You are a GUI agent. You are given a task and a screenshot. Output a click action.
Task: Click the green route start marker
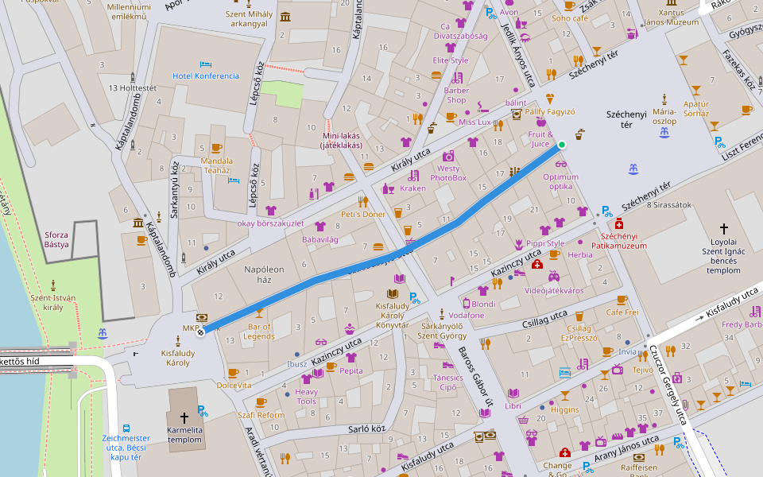pyautogui.click(x=562, y=145)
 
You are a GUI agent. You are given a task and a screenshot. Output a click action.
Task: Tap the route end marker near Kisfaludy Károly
pyautogui.click(x=200, y=332)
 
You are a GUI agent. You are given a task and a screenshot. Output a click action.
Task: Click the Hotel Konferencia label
pyautogui.click(x=206, y=76)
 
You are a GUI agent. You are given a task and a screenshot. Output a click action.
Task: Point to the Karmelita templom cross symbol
pyautogui.click(x=184, y=417)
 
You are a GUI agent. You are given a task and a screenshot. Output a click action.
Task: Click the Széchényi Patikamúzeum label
pyautogui.click(x=624, y=242)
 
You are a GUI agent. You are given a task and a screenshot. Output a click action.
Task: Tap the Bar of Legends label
pyautogui.click(x=260, y=332)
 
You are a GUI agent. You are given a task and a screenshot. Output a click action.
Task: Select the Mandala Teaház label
pyautogui.click(x=216, y=165)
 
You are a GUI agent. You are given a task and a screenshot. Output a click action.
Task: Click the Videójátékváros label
pyautogui.click(x=554, y=291)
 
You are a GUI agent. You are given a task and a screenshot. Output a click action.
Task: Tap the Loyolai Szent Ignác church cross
pyautogui.click(x=724, y=228)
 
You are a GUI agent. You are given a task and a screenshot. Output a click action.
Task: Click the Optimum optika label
pyautogui.click(x=561, y=181)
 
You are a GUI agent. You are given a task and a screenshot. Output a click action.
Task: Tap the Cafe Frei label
pyautogui.click(x=622, y=312)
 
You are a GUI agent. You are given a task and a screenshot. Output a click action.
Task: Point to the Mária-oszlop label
pyautogui.click(x=664, y=116)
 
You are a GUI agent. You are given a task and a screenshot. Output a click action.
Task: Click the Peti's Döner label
pyautogui.click(x=362, y=215)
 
